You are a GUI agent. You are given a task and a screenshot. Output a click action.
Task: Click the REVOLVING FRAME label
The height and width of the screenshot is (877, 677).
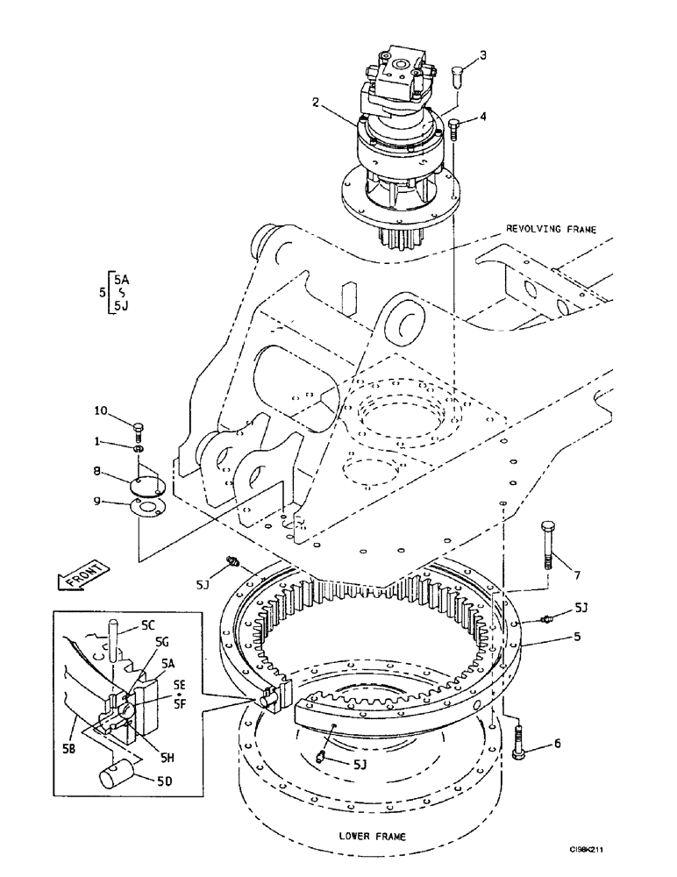[551, 229]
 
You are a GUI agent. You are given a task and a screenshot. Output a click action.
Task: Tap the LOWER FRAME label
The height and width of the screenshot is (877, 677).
[371, 836]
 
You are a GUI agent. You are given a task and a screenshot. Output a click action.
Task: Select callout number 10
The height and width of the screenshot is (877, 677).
[103, 410]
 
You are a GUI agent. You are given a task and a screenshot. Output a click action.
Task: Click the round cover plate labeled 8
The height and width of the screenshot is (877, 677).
[146, 483]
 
